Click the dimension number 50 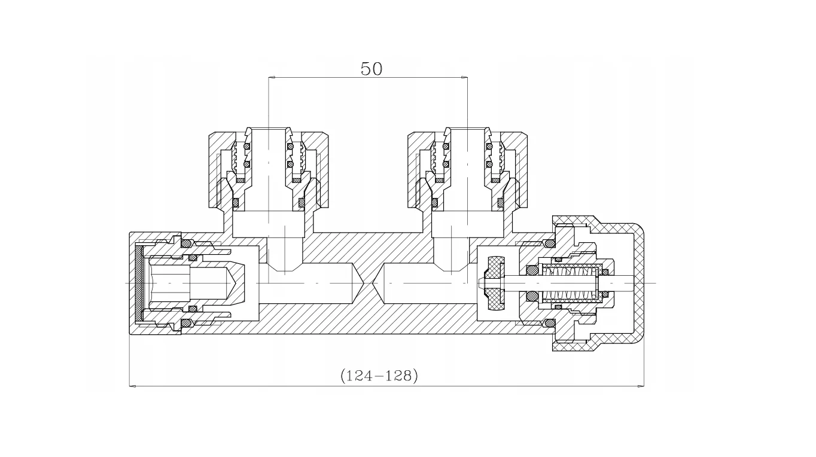coord(371,69)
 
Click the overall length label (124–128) coord(379,376)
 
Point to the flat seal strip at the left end coord(140,282)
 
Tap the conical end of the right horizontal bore coord(377,282)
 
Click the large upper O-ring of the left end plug coord(186,243)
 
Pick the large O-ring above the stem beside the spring coord(531,270)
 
